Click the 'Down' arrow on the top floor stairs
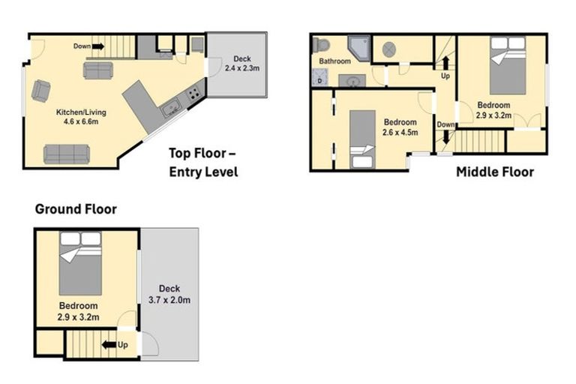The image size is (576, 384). [x=97, y=46]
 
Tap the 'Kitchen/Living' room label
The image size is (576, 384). [x=81, y=112]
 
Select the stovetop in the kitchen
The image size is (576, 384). [x=194, y=94]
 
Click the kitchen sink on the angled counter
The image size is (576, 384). [x=171, y=109]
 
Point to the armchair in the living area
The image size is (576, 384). [x=40, y=91]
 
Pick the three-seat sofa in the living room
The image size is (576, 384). [x=67, y=154]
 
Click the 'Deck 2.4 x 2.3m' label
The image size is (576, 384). [x=242, y=63]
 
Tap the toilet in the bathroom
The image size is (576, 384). [x=321, y=46]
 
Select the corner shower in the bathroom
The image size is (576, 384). [x=358, y=49]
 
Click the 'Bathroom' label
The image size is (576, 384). [x=334, y=61]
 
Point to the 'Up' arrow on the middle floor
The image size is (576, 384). [x=445, y=63]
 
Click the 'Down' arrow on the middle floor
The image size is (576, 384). [x=446, y=137]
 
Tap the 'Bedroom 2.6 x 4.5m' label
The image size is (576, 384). [x=400, y=127]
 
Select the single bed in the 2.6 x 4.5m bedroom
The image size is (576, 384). [x=362, y=139]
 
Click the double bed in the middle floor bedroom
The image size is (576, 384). [x=508, y=65]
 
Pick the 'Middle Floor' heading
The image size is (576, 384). [x=495, y=172]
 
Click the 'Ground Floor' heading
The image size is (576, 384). [x=76, y=209]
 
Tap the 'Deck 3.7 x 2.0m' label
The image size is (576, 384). [x=169, y=294]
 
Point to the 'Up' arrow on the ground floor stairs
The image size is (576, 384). [x=109, y=345]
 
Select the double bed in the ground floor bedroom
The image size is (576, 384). [x=80, y=263]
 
